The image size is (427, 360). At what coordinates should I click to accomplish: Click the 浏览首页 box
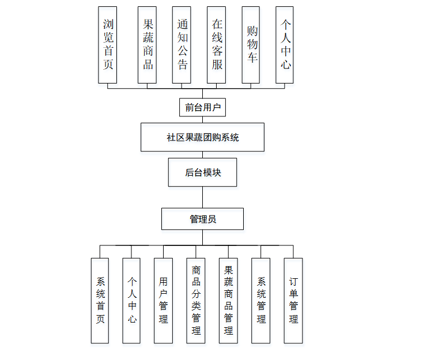tap(108, 45)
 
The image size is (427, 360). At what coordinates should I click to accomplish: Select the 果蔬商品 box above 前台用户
tap(148, 45)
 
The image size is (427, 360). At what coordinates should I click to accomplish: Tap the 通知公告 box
tap(182, 45)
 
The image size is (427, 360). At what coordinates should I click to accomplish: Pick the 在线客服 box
tap(217, 45)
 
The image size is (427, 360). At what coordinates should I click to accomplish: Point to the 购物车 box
tap(251, 45)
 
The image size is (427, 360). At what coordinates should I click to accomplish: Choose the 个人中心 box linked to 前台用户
tap(285, 45)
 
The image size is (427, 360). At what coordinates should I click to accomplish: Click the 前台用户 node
tap(202, 107)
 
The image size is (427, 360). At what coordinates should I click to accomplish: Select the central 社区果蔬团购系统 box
tap(202, 138)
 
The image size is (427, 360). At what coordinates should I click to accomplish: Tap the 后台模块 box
tap(202, 172)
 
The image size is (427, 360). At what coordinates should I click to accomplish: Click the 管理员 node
tap(202, 219)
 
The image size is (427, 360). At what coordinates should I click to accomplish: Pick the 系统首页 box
tap(100, 300)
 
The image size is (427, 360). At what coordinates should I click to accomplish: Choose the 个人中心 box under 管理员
tap(132, 300)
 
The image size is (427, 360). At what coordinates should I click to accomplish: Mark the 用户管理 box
tap(164, 300)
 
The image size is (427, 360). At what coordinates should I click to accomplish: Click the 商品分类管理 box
tap(196, 300)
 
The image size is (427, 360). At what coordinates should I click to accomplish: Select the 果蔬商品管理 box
tap(229, 300)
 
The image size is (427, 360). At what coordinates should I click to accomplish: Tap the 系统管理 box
tap(261, 300)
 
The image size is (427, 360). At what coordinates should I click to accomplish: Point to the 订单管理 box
tap(293, 300)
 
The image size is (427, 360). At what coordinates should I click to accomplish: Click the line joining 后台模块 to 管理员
tap(202, 197)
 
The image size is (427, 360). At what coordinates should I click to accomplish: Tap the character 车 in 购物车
tap(252, 58)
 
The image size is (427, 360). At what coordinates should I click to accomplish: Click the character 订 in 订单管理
tap(293, 282)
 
